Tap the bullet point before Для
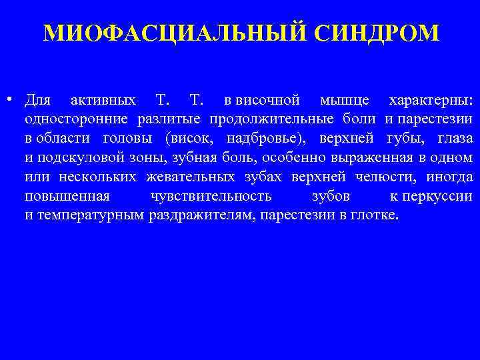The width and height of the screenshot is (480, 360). coord(13,100)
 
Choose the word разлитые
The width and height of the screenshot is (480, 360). coord(171,119)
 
